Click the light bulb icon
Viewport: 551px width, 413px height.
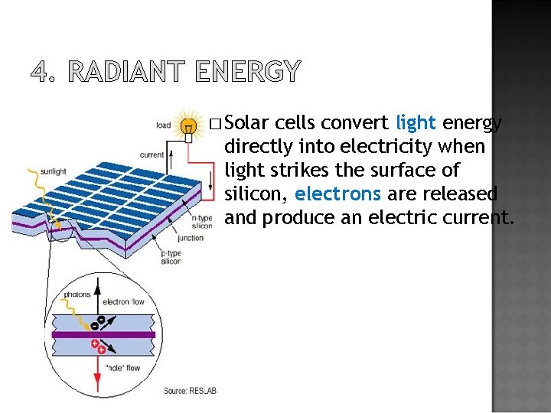[187, 125]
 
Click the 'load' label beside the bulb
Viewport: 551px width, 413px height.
[164, 125]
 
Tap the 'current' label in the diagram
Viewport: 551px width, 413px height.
[152, 154]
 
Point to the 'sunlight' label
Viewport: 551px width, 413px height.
[54, 171]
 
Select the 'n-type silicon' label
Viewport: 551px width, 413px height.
[202, 222]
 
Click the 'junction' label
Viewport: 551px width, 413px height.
[191, 238]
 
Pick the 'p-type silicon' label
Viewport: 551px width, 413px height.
[171, 257]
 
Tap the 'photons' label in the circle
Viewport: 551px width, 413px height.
[77, 294]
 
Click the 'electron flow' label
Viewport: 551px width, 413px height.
[123, 302]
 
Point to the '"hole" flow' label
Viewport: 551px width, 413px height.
[123, 369]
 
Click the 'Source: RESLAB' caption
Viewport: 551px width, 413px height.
[191, 391]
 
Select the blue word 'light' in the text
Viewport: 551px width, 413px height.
[416, 122]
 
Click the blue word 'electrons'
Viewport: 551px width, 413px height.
[335, 193]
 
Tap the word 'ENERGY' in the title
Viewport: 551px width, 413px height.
[248, 72]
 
